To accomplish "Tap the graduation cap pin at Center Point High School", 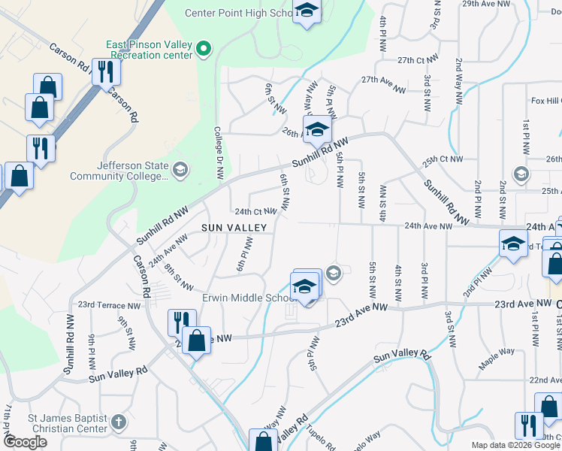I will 306,11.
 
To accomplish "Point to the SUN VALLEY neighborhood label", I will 234,227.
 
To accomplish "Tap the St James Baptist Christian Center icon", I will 117,422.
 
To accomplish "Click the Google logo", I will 25,442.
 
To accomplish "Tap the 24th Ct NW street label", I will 256,212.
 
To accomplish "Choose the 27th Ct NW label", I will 417,59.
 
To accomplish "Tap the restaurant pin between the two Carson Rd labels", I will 104,71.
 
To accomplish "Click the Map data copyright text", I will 515,445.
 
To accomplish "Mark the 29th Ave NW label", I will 503,4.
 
